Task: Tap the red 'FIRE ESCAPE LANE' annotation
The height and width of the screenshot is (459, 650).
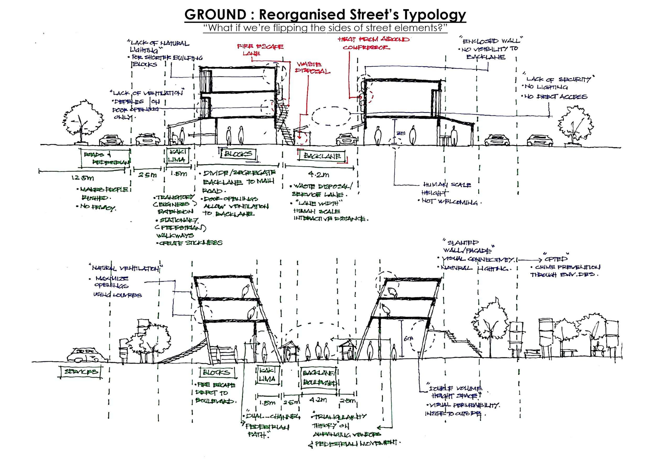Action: pyautogui.click(x=260, y=49)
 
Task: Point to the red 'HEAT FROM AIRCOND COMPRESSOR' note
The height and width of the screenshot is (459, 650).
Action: pyautogui.click(x=373, y=43)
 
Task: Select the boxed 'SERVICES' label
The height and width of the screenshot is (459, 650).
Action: pyautogui.click(x=81, y=372)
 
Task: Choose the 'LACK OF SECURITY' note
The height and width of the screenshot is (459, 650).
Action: pyautogui.click(x=558, y=80)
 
